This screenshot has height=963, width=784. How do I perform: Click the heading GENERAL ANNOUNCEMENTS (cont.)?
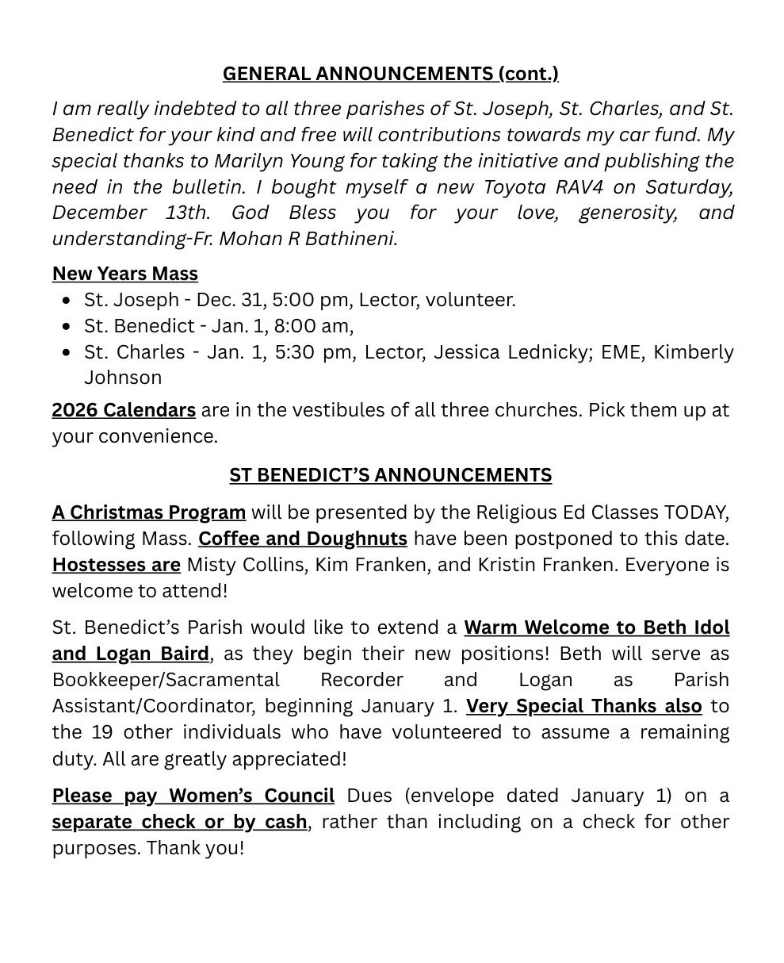pyautogui.click(x=390, y=74)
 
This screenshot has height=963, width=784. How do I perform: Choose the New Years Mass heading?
pyautogui.click(x=125, y=274)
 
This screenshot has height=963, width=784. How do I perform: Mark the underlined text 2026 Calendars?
pyautogui.click(x=124, y=410)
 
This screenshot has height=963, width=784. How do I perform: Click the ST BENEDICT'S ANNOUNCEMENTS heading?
pyautogui.click(x=390, y=475)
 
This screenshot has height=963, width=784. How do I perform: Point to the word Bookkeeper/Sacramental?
pyautogui.click(x=166, y=681)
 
